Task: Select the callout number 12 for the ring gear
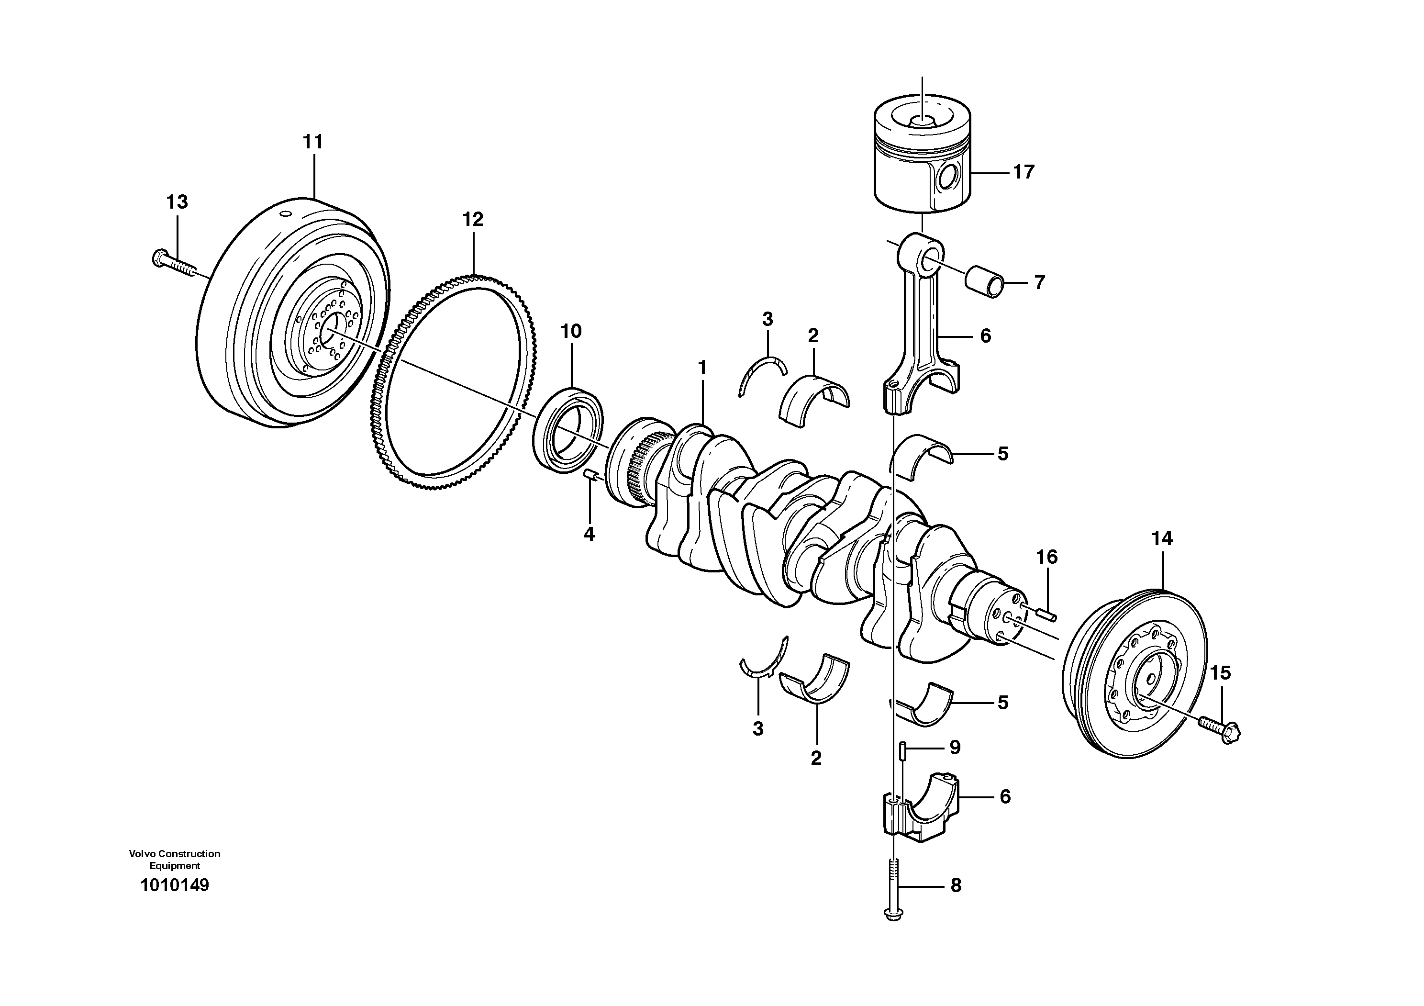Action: [x=473, y=220]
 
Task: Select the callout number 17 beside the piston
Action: [x=1024, y=172]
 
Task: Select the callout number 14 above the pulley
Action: [x=1162, y=539]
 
